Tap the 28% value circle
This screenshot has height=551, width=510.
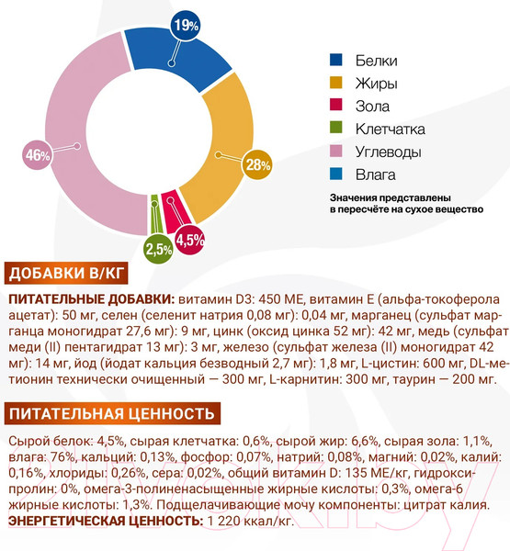coord(256,165)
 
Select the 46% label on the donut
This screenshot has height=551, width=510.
coord(38,155)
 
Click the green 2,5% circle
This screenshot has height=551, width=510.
coord(159,249)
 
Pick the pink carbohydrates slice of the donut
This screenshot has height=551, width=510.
coord(74,129)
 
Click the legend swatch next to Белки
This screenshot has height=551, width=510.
coord(337,61)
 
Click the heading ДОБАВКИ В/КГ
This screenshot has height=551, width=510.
coord(65,274)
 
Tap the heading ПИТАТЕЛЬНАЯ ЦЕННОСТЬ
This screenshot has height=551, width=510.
coord(109,412)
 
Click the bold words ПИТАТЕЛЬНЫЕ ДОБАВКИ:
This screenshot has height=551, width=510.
coord(90,299)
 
